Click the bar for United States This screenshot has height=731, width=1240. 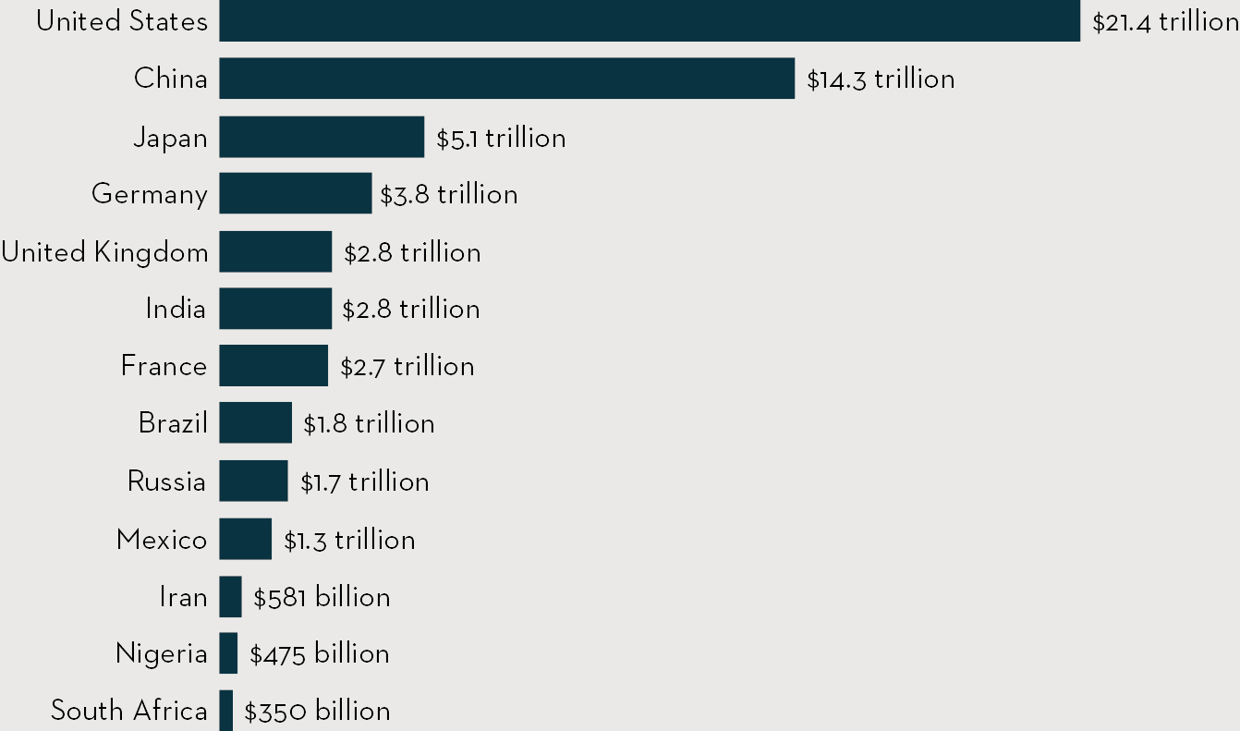[x=650, y=21]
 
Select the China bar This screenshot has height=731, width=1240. [x=506, y=79]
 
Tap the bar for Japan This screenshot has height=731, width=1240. [x=322, y=137]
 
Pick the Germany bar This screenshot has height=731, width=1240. [x=295, y=194]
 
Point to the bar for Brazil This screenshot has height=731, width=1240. [x=255, y=423]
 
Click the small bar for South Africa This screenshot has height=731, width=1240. [x=225, y=711]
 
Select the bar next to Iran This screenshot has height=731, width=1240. [x=230, y=597]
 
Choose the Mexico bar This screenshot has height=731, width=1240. [x=245, y=539]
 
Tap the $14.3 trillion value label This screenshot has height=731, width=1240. [x=881, y=79]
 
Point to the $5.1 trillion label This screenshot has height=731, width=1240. [x=501, y=138]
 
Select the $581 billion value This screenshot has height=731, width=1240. [x=322, y=598]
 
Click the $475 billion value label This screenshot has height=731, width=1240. [x=319, y=654]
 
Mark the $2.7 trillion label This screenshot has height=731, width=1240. [x=407, y=366]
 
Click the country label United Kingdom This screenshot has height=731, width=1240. [x=104, y=252]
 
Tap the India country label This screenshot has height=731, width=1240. [x=176, y=309]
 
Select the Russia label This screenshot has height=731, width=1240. [x=166, y=481]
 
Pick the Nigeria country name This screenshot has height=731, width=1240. [x=161, y=654]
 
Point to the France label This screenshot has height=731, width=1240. [x=164, y=366]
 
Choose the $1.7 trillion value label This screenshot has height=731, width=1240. [x=364, y=481]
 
